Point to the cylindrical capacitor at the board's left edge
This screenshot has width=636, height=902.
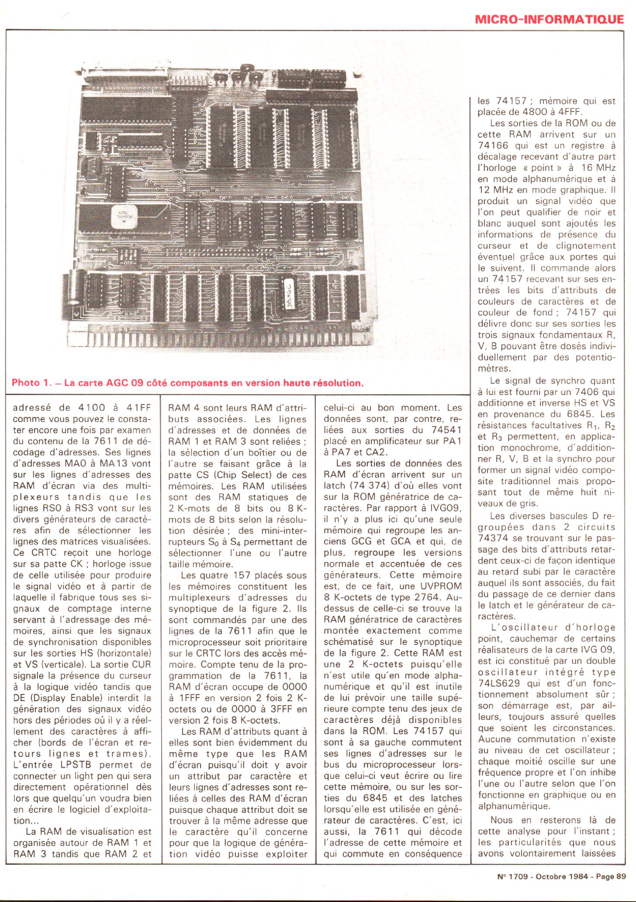(73, 289)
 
